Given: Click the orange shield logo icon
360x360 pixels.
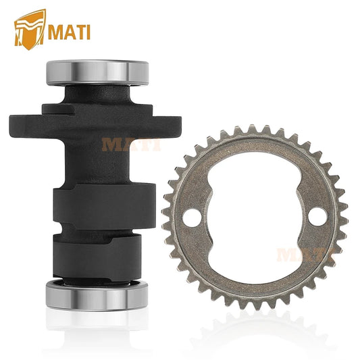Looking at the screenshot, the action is click(x=30, y=30).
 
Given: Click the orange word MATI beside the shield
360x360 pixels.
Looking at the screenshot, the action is click(x=69, y=32).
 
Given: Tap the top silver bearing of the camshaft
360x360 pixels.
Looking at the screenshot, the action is click(x=97, y=73).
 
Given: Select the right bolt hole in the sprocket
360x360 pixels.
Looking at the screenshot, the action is click(x=317, y=217).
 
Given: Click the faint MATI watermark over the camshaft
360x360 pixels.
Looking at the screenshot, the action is click(x=131, y=145).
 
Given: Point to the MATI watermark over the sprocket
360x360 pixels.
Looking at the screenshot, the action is click(x=306, y=255).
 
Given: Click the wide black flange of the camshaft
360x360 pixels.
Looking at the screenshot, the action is click(x=95, y=127).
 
